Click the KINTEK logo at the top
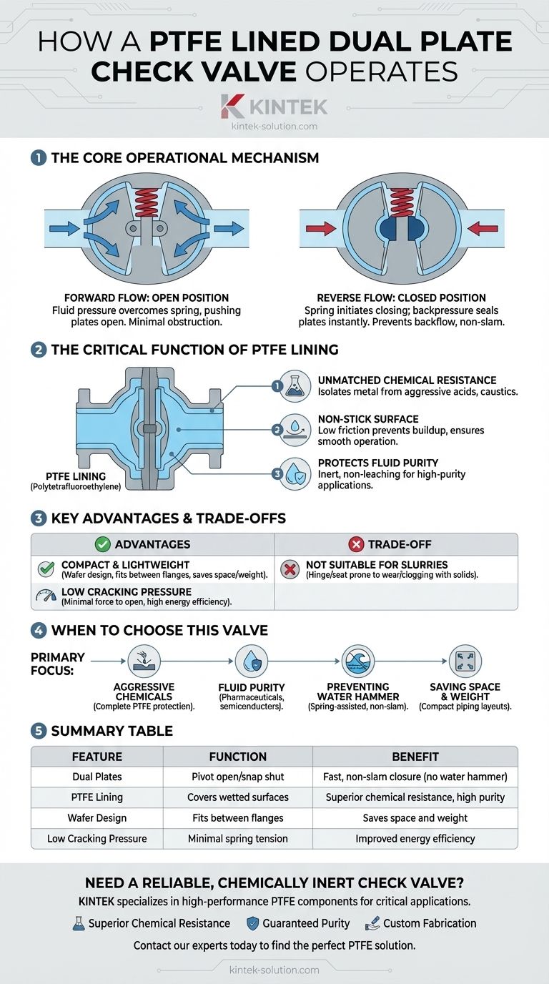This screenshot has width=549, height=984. (x=274, y=107)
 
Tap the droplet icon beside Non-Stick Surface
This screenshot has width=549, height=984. (x=295, y=430)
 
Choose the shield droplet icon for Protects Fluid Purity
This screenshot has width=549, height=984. (x=295, y=473)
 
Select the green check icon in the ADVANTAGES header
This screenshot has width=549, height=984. (x=103, y=544)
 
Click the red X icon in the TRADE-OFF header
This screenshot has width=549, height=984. (x=356, y=544)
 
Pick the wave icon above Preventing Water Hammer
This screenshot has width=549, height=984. (x=358, y=661)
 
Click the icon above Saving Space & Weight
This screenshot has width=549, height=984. (x=465, y=661)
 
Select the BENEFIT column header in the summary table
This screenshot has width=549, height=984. (x=415, y=757)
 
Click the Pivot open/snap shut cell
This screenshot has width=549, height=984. (x=237, y=777)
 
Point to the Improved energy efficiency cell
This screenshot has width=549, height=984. (x=415, y=838)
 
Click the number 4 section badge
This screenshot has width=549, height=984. (x=38, y=630)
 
